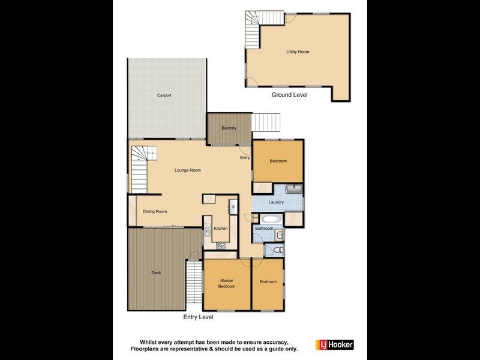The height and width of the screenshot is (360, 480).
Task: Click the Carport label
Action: click(x=164, y=95)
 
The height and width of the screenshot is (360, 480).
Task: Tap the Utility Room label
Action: click(x=298, y=52)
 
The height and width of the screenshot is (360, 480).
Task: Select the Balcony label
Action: click(x=229, y=128)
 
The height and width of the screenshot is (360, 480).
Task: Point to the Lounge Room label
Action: click(x=188, y=170)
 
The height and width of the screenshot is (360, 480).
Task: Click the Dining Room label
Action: click(x=155, y=211)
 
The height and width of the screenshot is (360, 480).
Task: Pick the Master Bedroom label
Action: click(x=226, y=284)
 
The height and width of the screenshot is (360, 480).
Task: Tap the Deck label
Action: click(x=156, y=273)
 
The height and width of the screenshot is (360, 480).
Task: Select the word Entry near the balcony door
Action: click(x=245, y=158)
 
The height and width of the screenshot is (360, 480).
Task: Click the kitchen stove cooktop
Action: click(x=220, y=245)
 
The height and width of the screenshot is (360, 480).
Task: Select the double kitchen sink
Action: click(x=206, y=230)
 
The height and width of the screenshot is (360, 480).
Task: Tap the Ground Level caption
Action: click(x=289, y=95)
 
